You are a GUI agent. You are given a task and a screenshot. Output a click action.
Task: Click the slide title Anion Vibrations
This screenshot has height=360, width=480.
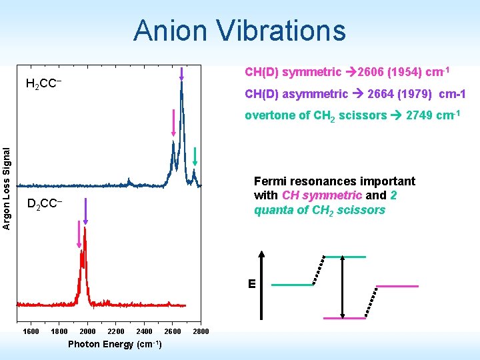(x=239, y=31)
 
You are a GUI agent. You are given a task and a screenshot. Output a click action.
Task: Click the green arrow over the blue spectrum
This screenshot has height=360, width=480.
(x=195, y=155)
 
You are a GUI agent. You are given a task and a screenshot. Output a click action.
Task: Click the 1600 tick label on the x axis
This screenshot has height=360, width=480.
(x=31, y=331)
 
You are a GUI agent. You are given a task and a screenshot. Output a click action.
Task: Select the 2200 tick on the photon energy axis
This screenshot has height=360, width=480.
(x=115, y=331)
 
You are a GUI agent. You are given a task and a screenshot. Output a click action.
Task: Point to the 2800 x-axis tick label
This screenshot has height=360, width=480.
(x=201, y=331)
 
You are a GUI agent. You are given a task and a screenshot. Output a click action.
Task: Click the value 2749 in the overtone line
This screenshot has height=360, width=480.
(x=419, y=115)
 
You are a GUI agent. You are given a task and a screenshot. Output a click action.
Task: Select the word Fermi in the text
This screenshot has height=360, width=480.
(x=269, y=181)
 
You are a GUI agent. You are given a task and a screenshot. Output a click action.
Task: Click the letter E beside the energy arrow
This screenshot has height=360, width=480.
(x=252, y=284)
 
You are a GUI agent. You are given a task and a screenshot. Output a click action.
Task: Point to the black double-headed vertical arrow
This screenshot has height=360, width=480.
(x=342, y=287)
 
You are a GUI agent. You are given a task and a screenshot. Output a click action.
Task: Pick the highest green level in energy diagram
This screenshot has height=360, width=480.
(x=345, y=256)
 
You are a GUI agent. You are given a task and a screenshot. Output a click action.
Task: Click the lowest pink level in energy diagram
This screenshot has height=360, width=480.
(x=345, y=318)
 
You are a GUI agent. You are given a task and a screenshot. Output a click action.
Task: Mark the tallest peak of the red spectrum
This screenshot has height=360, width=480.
(x=85, y=230)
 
